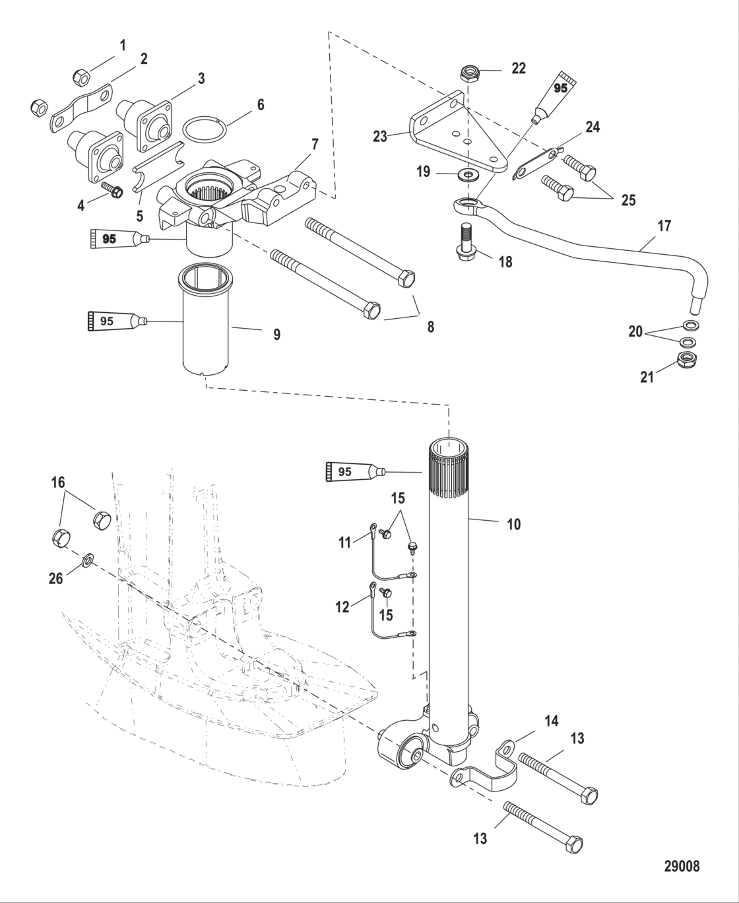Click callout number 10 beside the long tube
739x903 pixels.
[x=513, y=524]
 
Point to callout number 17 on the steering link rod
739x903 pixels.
[x=664, y=226]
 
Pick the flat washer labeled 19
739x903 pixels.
[x=469, y=174]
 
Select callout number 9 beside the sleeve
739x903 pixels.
[x=276, y=335]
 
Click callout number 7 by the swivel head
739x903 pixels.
[x=314, y=144]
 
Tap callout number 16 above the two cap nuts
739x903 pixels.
[x=58, y=483]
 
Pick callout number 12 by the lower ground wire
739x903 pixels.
[x=342, y=607]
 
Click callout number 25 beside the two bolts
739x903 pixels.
[x=628, y=200]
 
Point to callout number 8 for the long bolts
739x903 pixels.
[x=430, y=326]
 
